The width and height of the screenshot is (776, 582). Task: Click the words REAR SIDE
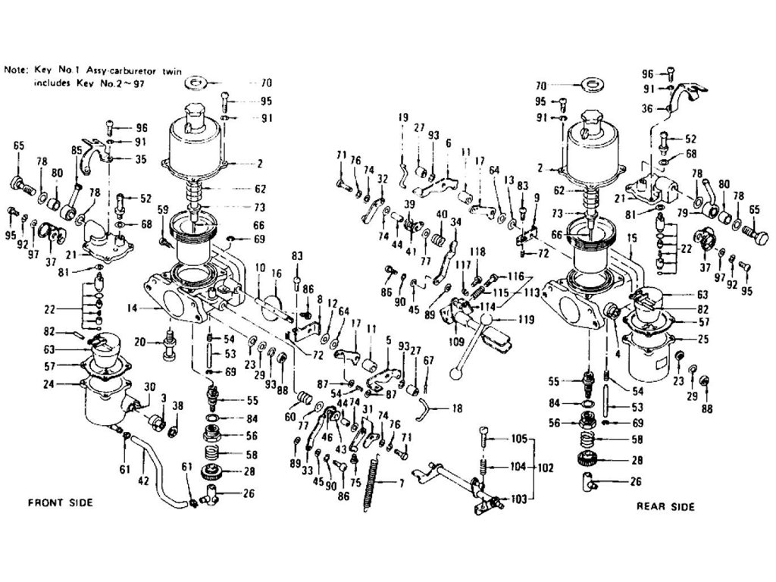[x=665, y=506]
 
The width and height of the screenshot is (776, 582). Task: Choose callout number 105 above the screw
[x=518, y=439]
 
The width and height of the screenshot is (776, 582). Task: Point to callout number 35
[x=140, y=160]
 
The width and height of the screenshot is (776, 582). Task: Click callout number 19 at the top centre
[x=402, y=117]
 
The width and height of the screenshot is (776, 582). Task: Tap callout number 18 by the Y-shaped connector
[x=456, y=408]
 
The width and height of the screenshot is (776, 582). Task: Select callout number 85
[x=75, y=150]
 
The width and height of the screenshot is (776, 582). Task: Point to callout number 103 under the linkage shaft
[x=519, y=499]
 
